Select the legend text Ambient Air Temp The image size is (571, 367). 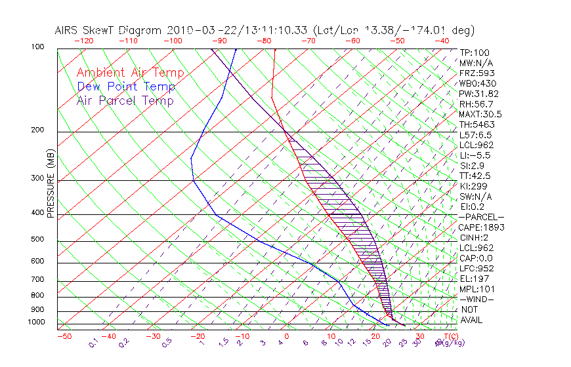tap(130, 73)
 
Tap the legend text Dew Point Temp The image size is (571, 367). tap(126, 87)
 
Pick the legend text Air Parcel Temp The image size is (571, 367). tap(125, 100)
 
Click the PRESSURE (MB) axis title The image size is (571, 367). tap(51, 184)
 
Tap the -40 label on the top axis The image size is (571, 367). tap(442, 41)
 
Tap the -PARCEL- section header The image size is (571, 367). tap(481, 217)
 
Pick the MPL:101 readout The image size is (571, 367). tap(476, 289)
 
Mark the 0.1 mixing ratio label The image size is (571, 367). tap(94, 342)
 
